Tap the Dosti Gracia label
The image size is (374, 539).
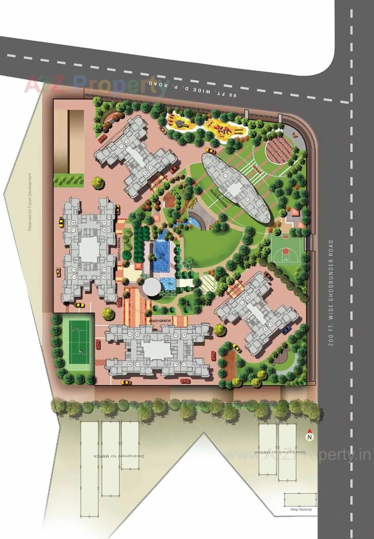click(160, 321)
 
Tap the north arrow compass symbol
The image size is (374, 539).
click(309, 436)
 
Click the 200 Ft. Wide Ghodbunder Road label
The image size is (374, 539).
click(331, 293)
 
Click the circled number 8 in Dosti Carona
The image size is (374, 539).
click(74, 223)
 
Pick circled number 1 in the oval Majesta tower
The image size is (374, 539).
click(225, 175)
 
